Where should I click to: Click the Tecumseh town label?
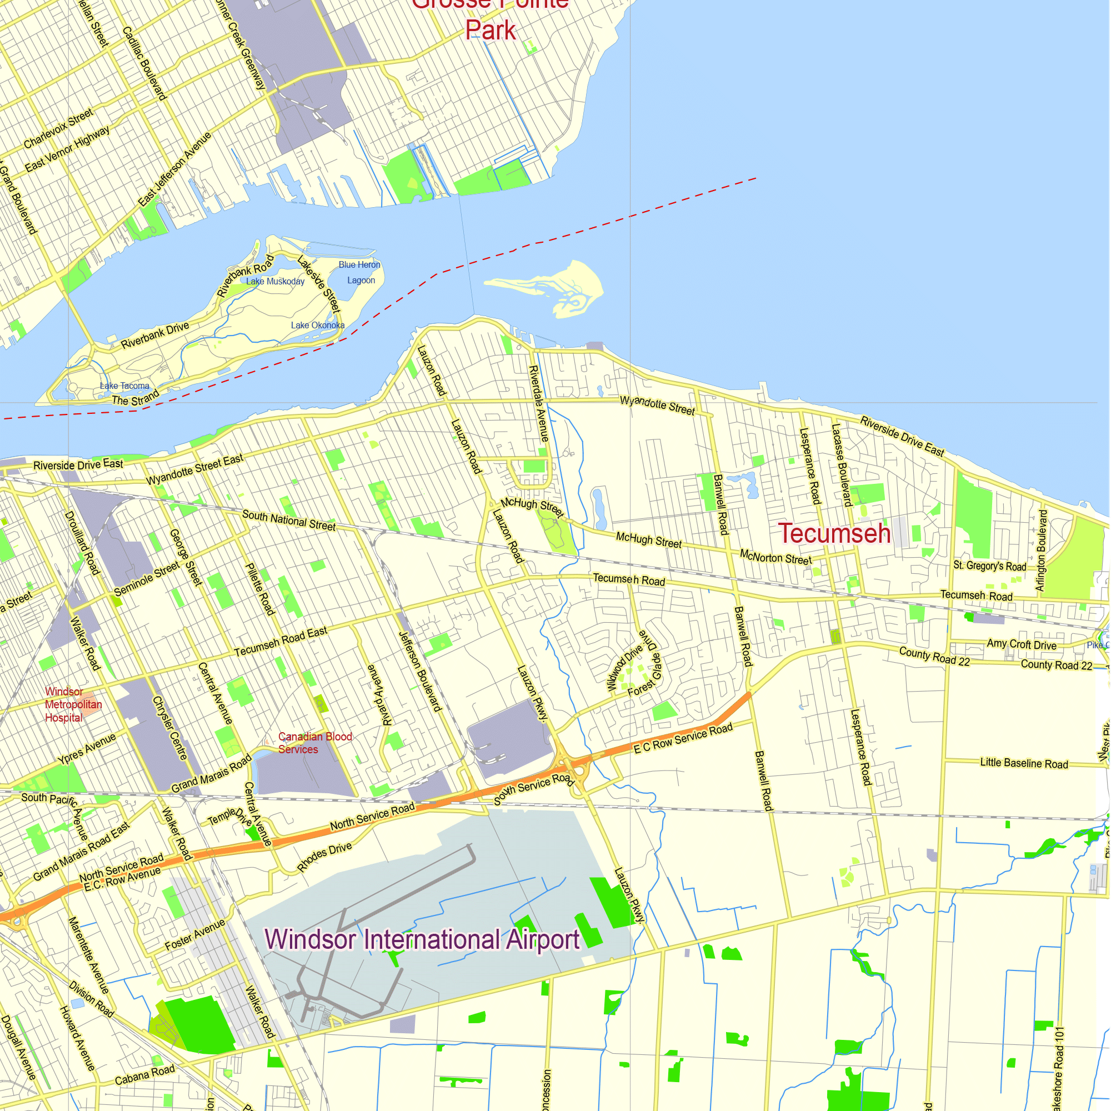834,534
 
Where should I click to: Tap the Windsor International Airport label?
422,940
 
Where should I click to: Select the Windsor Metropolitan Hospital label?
73,704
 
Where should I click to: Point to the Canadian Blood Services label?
314,743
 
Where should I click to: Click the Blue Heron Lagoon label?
360,273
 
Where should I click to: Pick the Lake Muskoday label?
275,281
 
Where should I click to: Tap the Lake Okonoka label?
317,326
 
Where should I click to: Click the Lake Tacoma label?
124,386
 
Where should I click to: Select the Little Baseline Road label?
1024,763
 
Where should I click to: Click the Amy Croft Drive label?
1022,644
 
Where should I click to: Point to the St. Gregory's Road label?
989,566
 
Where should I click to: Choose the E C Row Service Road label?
683,738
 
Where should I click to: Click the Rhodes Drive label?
324,857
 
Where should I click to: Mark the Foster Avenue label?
195,935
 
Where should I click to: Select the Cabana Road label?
144,1075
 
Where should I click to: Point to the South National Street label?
289,521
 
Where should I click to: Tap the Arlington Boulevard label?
1041,551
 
